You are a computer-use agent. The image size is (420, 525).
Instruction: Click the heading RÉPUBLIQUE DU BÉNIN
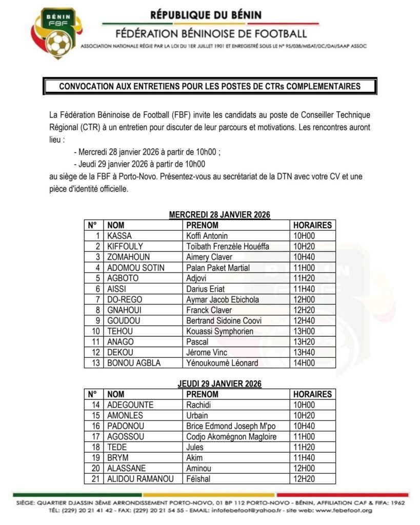coord(206,15)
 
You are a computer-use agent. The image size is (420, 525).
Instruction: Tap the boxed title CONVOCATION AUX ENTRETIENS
coord(210,87)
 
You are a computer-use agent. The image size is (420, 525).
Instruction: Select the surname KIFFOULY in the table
coord(125,247)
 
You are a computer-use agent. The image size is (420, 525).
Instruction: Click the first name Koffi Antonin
coord(207,236)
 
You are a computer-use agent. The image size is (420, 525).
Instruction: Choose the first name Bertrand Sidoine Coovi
coord(224,321)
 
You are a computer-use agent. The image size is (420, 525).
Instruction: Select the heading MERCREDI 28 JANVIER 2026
coord(219,214)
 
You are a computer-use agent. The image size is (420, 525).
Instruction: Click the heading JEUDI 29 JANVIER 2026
coord(219,384)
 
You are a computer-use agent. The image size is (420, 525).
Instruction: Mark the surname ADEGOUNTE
coord(130,405)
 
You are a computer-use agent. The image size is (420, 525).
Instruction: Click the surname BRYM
coord(118,458)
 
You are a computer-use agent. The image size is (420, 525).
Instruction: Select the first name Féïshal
coord(198,479)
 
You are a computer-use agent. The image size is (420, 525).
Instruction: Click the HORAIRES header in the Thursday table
coord(312,394)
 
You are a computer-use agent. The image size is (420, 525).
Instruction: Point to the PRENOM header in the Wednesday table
coord(202,225)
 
